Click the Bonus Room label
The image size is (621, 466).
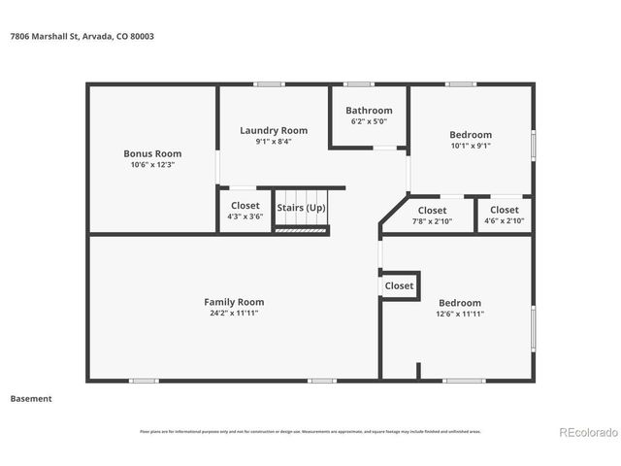(x=152, y=153)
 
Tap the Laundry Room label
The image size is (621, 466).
(x=274, y=130)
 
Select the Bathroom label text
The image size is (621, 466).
(x=369, y=111)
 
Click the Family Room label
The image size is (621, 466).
(x=234, y=302)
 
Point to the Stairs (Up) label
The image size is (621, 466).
(x=301, y=208)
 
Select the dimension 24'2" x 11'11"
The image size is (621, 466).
(x=234, y=314)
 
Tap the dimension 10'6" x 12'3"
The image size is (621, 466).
(x=152, y=165)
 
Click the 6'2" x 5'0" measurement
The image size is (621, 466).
(x=369, y=122)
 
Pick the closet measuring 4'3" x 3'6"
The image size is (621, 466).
(x=245, y=212)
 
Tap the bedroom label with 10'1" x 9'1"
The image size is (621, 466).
(x=470, y=141)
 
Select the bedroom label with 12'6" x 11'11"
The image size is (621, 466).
(x=459, y=308)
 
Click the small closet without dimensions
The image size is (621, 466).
(x=399, y=286)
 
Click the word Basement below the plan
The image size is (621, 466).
(x=31, y=398)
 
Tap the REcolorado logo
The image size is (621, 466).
(x=586, y=432)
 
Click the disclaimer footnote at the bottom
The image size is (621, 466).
(x=310, y=431)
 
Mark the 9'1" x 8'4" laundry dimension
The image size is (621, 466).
(x=274, y=142)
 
